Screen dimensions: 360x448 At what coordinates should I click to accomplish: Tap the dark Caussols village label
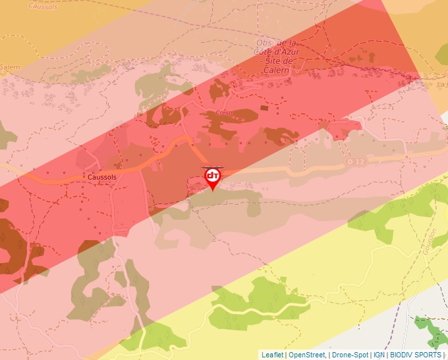tap(101, 178)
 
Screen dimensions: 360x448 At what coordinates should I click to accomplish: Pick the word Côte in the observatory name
tap(265, 52)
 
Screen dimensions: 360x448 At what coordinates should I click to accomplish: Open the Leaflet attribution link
tap(272, 355)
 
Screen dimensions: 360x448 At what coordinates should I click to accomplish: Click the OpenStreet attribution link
tap(307, 355)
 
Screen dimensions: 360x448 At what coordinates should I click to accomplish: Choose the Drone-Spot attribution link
tap(350, 355)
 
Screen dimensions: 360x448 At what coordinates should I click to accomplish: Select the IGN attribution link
tap(379, 355)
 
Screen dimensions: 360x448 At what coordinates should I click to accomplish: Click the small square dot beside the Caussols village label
tap(84, 178)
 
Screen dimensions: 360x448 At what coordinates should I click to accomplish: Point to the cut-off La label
tap(441, 84)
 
